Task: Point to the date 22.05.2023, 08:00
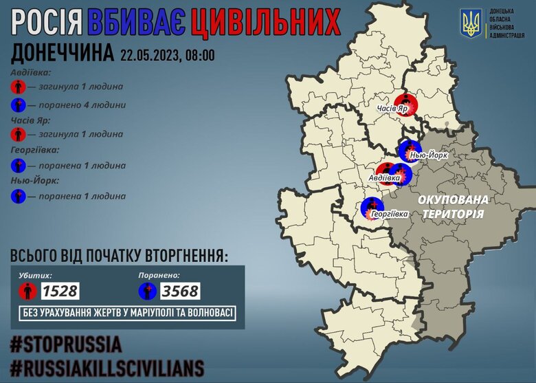pos(167,54)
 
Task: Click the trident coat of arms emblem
pos(472,24)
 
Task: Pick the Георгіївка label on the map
pos(389,215)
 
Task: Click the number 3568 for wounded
pos(179,291)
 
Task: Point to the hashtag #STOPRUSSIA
pos(66,343)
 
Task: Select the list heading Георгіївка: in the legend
pos(35,149)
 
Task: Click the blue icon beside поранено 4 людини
pos(19,106)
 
